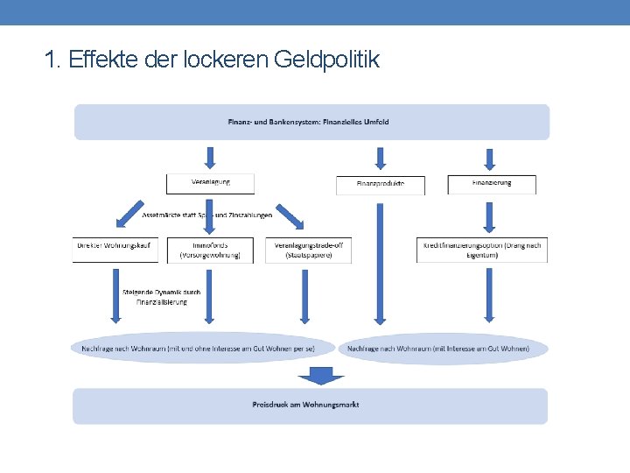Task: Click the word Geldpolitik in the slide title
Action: [x=326, y=60]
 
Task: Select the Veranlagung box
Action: [x=210, y=183]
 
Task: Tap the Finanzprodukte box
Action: [x=380, y=185]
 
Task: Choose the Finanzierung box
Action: [x=492, y=184]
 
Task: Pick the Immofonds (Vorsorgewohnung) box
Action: [x=210, y=250]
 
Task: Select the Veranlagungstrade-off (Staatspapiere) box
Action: [x=308, y=250]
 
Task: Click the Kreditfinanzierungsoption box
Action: [x=483, y=250]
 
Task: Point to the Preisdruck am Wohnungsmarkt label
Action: [x=305, y=405]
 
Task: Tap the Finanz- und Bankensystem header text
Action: [x=309, y=122]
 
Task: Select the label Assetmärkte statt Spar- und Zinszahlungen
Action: [x=206, y=215]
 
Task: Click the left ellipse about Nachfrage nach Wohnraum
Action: [x=203, y=348]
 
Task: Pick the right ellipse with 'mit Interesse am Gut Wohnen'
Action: [x=442, y=348]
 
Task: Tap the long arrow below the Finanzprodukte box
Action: [x=379, y=263]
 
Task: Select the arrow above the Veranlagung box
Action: [x=210, y=158]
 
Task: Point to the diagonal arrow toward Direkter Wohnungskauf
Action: [x=130, y=212]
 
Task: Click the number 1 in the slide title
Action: [x=50, y=60]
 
